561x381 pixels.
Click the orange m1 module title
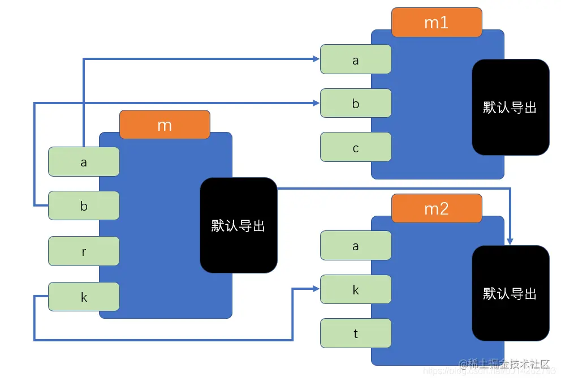[x=436, y=22]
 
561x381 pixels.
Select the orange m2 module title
[x=436, y=208]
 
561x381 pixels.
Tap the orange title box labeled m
[x=165, y=125]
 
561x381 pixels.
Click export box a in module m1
[x=356, y=59]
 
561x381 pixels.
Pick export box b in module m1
[x=356, y=103]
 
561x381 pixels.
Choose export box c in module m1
[x=356, y=147]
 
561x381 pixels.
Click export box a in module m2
[x=356, y=246]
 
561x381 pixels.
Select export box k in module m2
[x=356, y=289]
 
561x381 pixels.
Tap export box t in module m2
[x=356, y=333]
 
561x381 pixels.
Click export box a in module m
[x=84, y=162]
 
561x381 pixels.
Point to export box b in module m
[x=84, y=206]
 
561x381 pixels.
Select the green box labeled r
[x=84, y=251]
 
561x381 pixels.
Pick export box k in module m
[x=84, y=296]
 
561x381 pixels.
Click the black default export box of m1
[x=510, y=107]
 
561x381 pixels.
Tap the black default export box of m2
[x=510, y=293]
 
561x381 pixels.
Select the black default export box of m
[x=238, y=225]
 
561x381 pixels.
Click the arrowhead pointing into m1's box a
[x=317, y=58]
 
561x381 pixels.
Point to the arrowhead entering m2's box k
[x=317, y=289]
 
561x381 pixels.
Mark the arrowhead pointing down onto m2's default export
[x=510, y=241]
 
